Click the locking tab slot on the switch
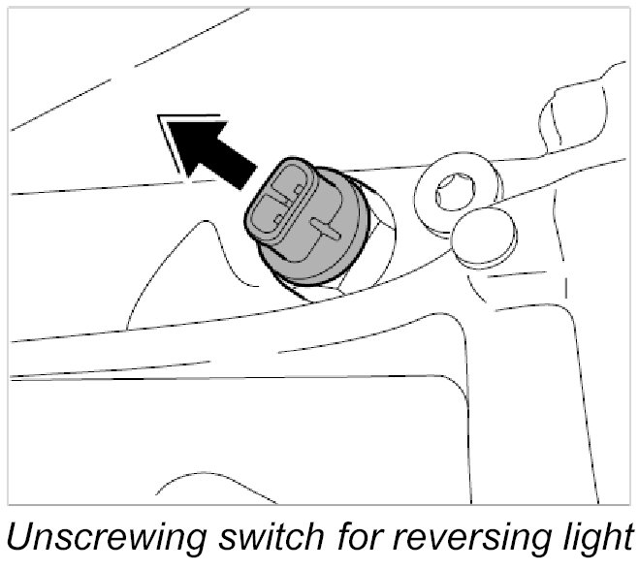(x=325, y=230)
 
